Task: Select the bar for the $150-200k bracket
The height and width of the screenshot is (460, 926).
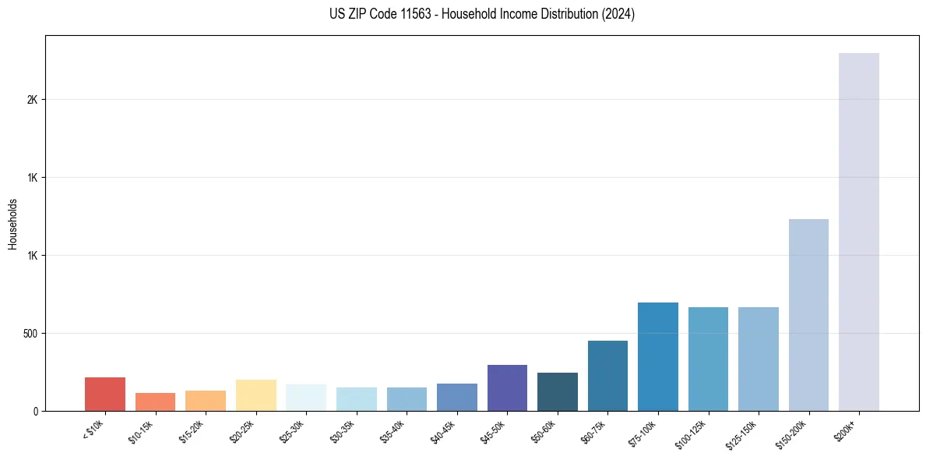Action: [x=808, y=315]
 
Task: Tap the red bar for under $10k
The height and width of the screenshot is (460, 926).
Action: [x=105, y=394]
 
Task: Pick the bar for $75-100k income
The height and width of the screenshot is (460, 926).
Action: [x=658, y=356]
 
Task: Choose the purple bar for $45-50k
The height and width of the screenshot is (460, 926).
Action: [x=507, y=387]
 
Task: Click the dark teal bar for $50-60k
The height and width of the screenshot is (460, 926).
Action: [x=558, y=391]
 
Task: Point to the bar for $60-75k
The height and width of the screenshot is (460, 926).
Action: [x=607, y=376]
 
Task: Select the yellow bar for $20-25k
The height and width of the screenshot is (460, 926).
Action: [x=256, y=395]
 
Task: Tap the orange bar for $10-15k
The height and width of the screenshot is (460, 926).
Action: [x=155, y=402]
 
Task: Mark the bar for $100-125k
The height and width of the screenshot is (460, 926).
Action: [x=708, y=359]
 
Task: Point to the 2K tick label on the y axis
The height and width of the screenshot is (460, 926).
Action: [x=32, y=100]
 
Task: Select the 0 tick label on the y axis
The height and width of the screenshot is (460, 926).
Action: [x=35, y=411]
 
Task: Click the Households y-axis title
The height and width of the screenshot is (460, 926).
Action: [x=12, y=224]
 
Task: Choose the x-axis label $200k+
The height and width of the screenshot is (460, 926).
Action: [x=852, y=429]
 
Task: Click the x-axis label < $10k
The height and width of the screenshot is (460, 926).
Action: [x=93, y=430]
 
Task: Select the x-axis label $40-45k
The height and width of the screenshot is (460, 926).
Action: [x=445, y=430]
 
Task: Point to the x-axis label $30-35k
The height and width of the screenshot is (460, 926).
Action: [x=344, y=430]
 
